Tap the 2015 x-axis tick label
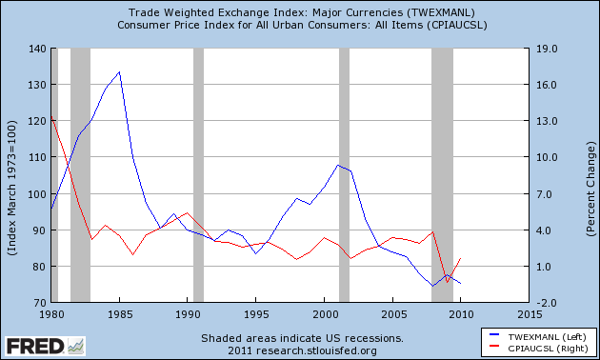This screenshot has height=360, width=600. [x=530, y=313]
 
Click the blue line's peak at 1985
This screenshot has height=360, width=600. [x=119, y=72]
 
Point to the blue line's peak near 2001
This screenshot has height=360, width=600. [x=338, y=165]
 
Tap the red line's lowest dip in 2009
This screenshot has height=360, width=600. [x=447, y=282]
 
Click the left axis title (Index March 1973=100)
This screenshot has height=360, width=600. [x=11, y=175]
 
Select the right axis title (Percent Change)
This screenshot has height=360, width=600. [x=590, y=175]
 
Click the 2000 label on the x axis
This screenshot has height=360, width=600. [x=324, y=313]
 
